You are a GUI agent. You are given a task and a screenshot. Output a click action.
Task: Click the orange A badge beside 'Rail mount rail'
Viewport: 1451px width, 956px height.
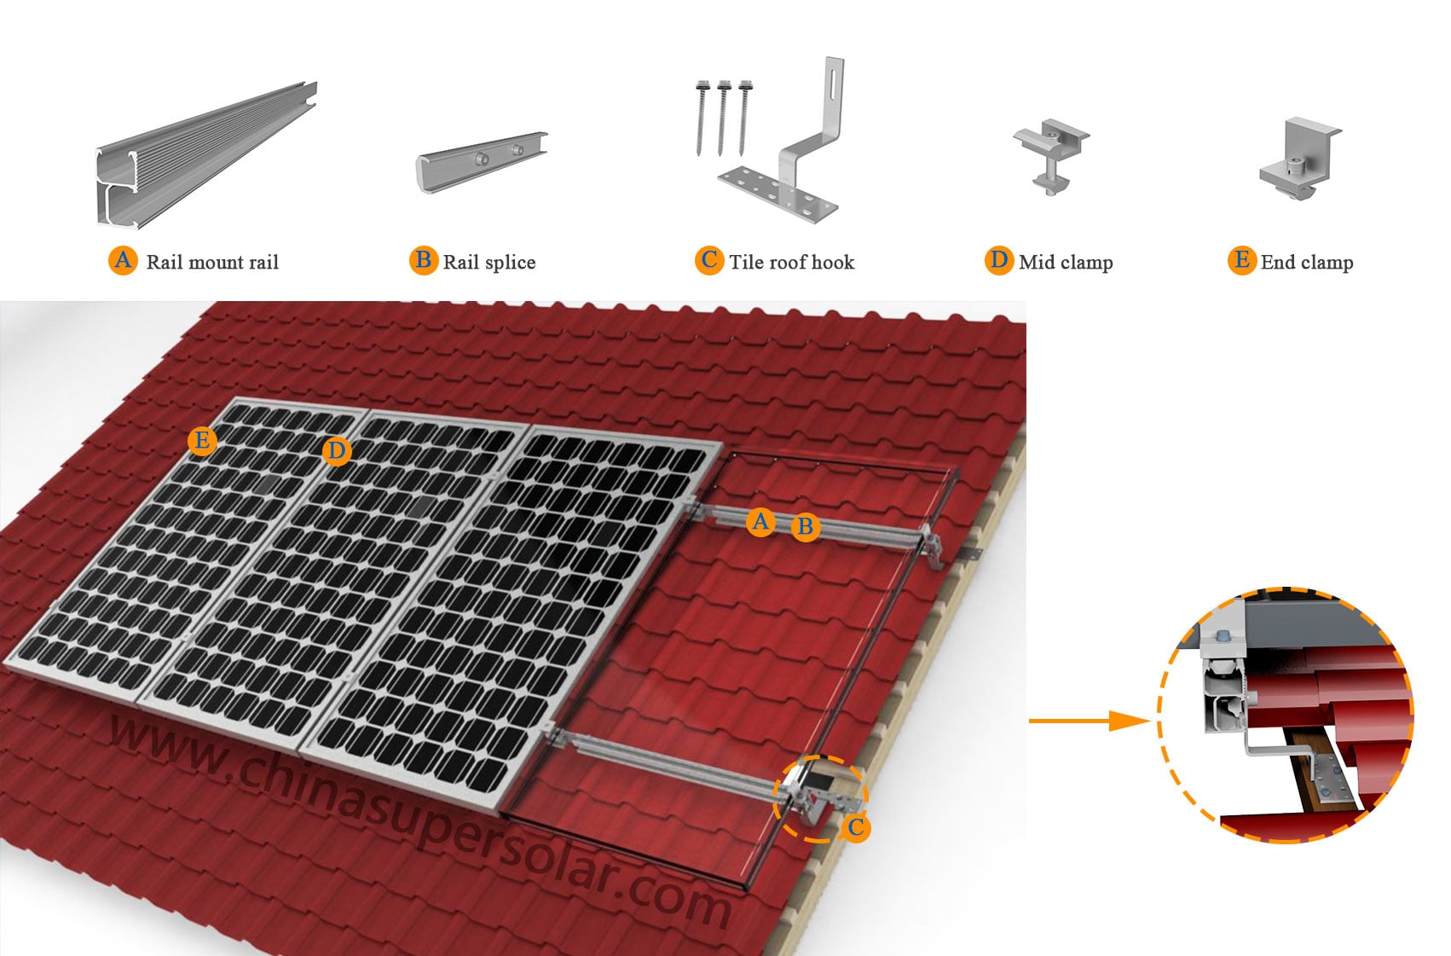pyautogui.click(x=124, y=260)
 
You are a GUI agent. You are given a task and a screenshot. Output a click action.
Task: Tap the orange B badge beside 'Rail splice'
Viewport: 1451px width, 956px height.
pyautogui.click(x=423, y=260)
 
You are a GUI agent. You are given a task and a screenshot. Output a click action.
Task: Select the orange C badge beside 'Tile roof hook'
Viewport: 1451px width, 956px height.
pyautogui.click(x=709, y=260)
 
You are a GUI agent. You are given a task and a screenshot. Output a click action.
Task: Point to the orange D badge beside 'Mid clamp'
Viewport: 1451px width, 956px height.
pyautogui.click(x=998, y=260)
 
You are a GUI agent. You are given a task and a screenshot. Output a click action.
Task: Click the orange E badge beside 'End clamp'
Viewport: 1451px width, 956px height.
pyautogui.click(x=1242, y=260)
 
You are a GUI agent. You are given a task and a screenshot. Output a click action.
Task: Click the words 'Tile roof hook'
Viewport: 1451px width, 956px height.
pyautogui.click(x=791, y=262)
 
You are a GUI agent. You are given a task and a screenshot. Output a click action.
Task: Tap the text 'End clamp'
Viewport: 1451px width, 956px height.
pyautogui.click(x=1306, y=262)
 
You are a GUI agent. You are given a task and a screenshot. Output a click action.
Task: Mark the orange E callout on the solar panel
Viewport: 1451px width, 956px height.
pyautogui.click(x=202, y=441)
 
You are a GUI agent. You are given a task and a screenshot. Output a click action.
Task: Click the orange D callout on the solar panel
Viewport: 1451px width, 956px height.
pyautogui.click(x=337, y=451)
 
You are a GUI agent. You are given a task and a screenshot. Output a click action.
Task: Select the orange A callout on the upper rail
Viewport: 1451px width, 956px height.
pyautogui.click(x=760, y=521)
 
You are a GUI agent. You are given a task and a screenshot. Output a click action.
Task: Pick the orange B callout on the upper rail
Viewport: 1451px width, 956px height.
pyautogui.click(x=805, y=527)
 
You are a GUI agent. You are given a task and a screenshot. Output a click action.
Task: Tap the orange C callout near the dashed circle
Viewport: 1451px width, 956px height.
pyautogui.click(x=856, y=826)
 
